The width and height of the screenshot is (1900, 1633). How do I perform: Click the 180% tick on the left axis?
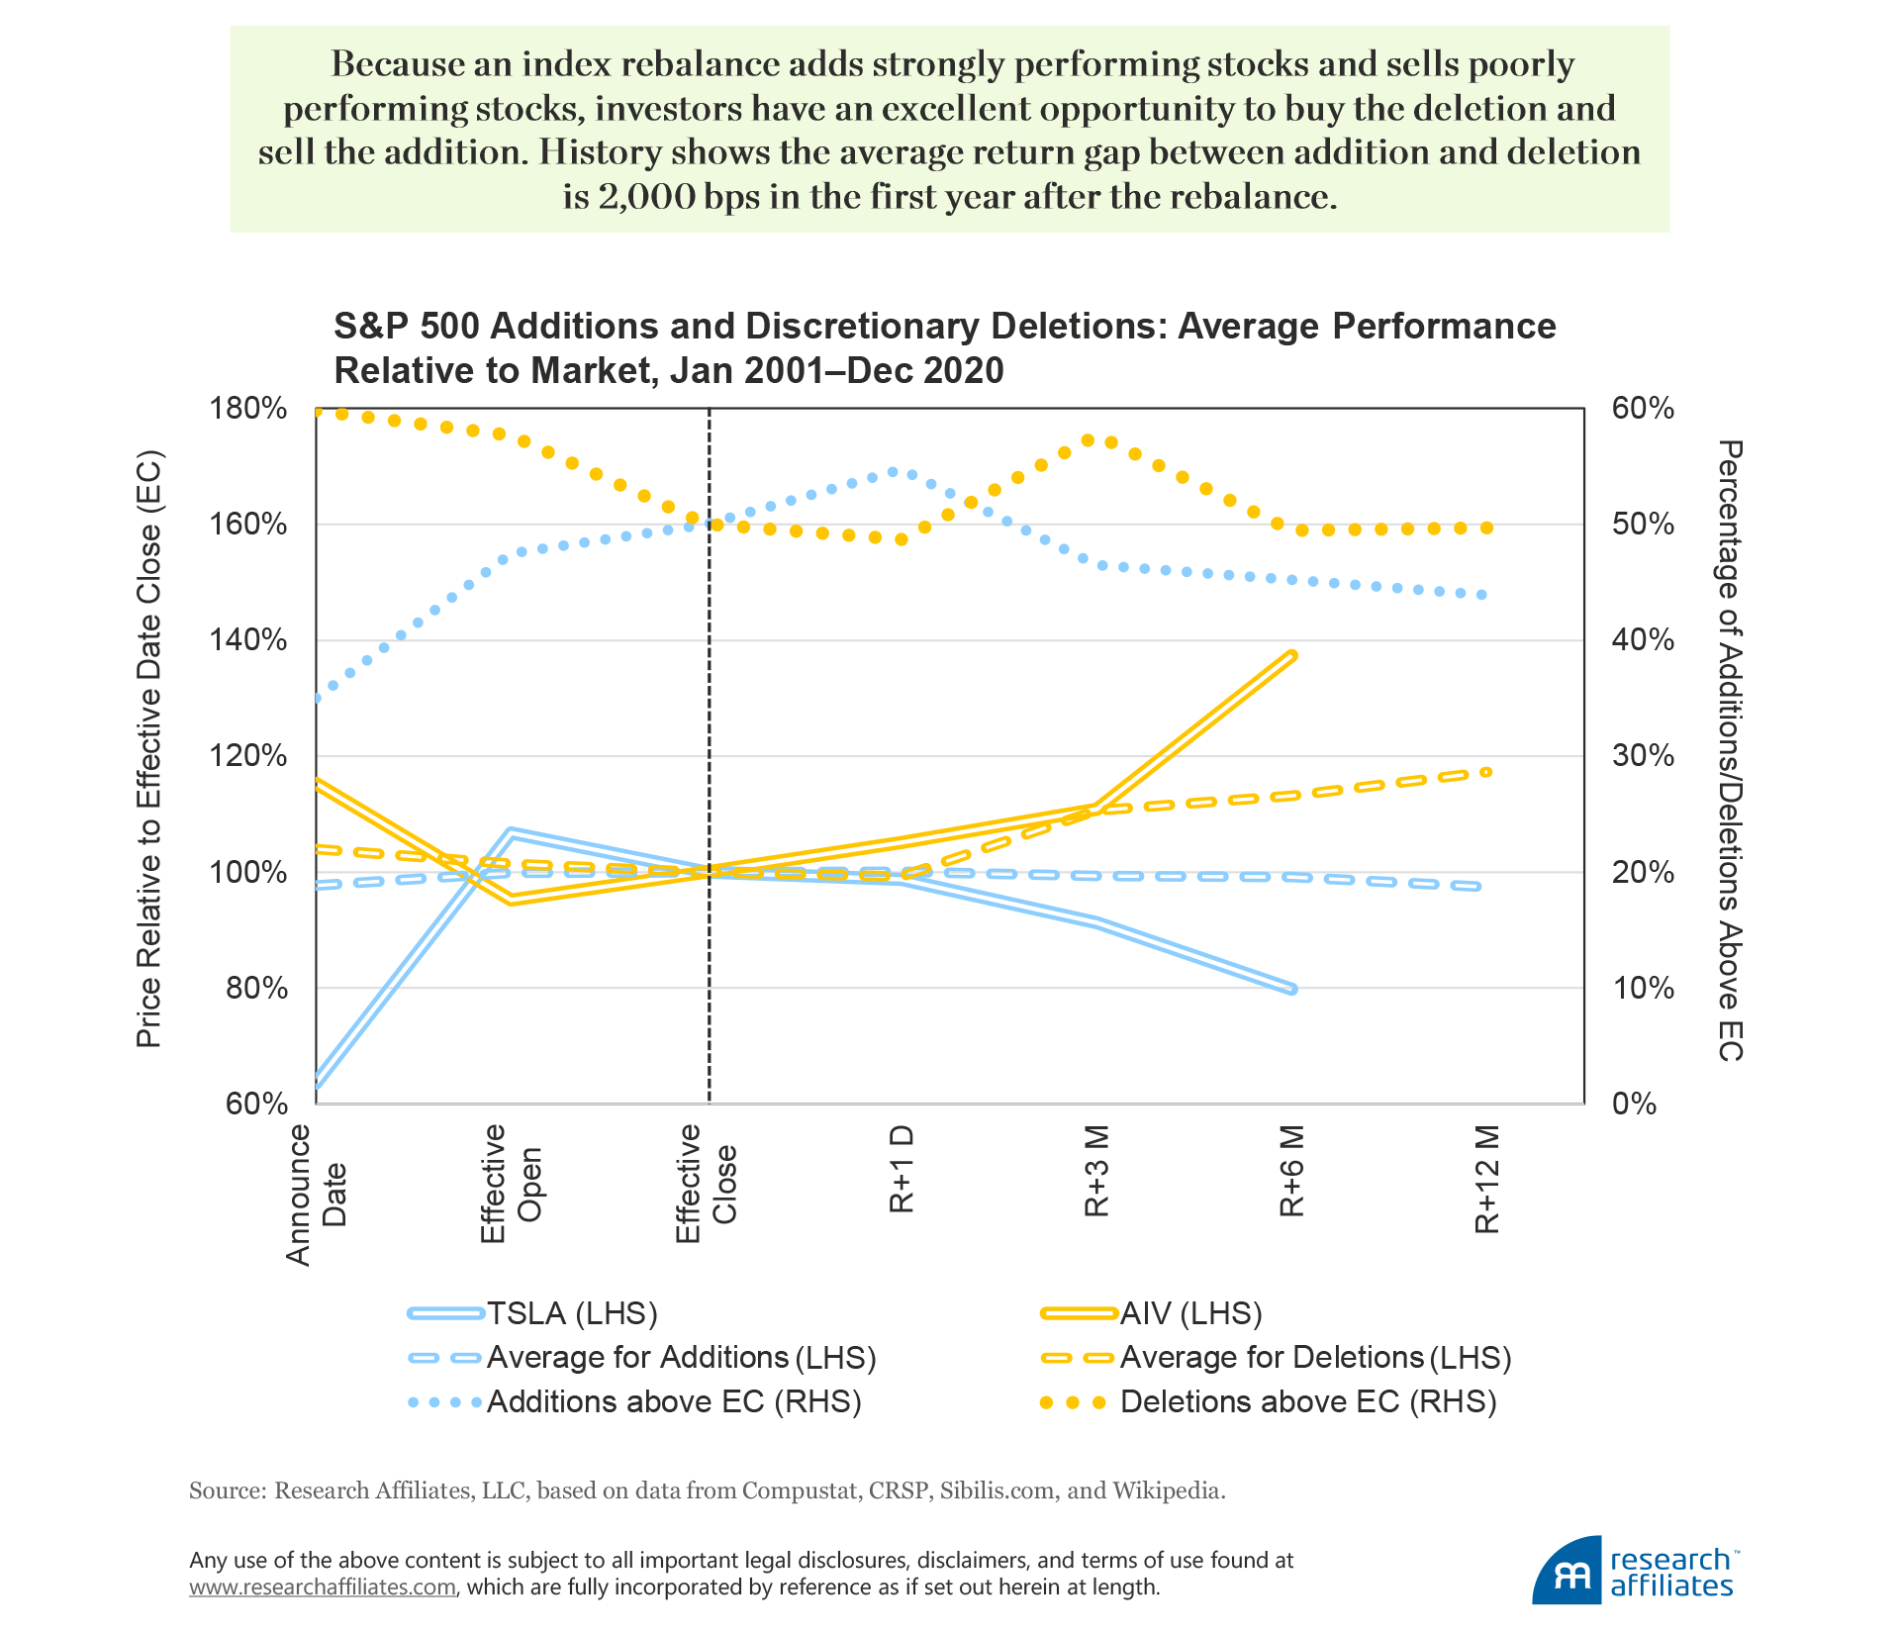click(x=248, y=408)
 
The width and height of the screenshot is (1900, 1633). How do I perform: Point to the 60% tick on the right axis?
click(x=1643, y=408)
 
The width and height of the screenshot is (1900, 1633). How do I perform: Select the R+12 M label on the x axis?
click(x=1487, y=1180)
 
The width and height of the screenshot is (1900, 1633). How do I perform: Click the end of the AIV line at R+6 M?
click(x=1291, y=655)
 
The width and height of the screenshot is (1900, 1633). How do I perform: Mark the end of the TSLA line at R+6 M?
click(x=1291, y=989)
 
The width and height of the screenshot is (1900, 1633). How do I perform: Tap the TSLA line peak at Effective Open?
click(x=509, y=831)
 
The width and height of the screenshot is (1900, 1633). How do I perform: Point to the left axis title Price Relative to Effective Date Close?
click(x=148, y=749)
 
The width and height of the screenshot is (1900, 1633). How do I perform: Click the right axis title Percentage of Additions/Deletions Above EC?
click(x=1729, y=750)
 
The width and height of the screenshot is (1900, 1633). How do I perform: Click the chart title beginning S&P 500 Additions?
click(x=944, y=347)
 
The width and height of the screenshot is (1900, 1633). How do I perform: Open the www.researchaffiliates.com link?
click(x=323, y=1587)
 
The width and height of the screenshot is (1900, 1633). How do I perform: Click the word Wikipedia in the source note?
click(x=1168, y=1490)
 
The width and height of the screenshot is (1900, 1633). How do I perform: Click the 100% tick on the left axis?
click(x=248, y=872)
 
